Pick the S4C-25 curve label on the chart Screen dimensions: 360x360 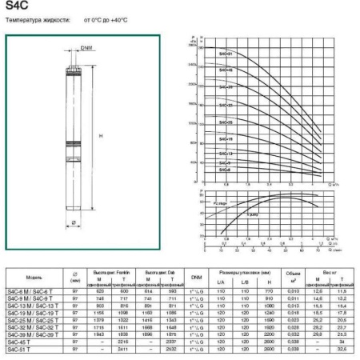226,122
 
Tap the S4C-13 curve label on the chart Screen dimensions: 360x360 226,153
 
